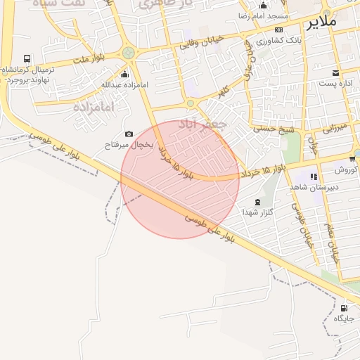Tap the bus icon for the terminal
[x=27, y=59]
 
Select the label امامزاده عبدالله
[x=126, y=85]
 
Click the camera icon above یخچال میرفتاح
[x=129, y=134]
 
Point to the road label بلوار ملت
[x=87, y=60]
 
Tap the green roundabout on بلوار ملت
[x=128, y=53]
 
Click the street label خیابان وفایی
[x=201, y=41]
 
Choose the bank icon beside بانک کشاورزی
[x=279, y=30]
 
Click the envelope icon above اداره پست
[x=335, y=72]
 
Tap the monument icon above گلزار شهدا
[x=257, y=201]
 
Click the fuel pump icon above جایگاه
[x=343, y=308]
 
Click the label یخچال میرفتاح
[x=128, y=144]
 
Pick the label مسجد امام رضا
[x=263, y=15]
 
